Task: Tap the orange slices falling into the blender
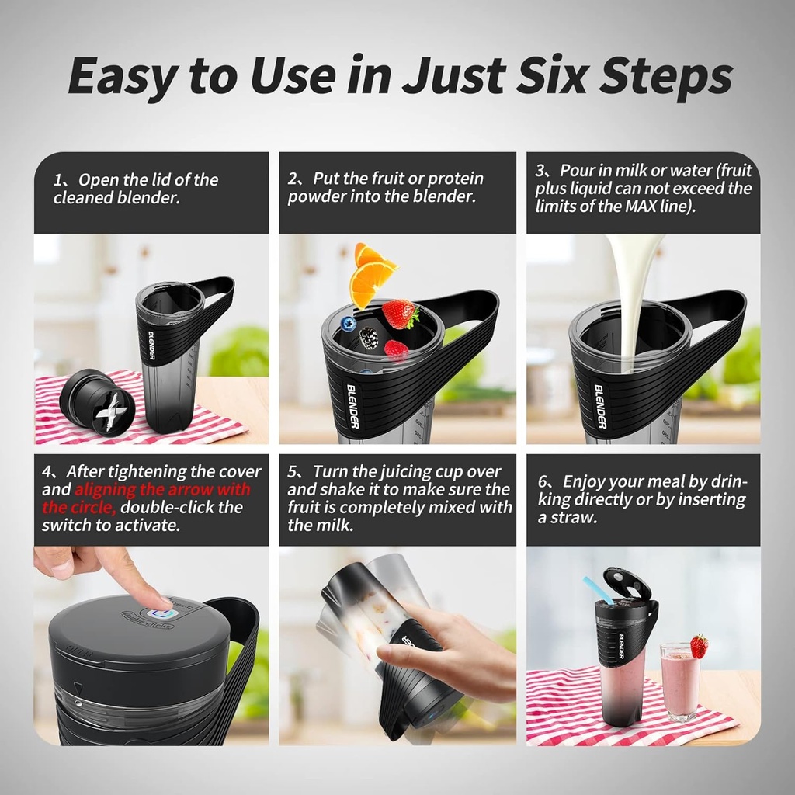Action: pos(370,276)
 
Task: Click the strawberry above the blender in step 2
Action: pos(400,314)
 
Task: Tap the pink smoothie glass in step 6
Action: pos(680,683)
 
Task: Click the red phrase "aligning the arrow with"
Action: pos(162,489)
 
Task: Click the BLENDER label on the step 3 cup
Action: pos(600,407)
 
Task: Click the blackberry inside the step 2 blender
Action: pos(369,337)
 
